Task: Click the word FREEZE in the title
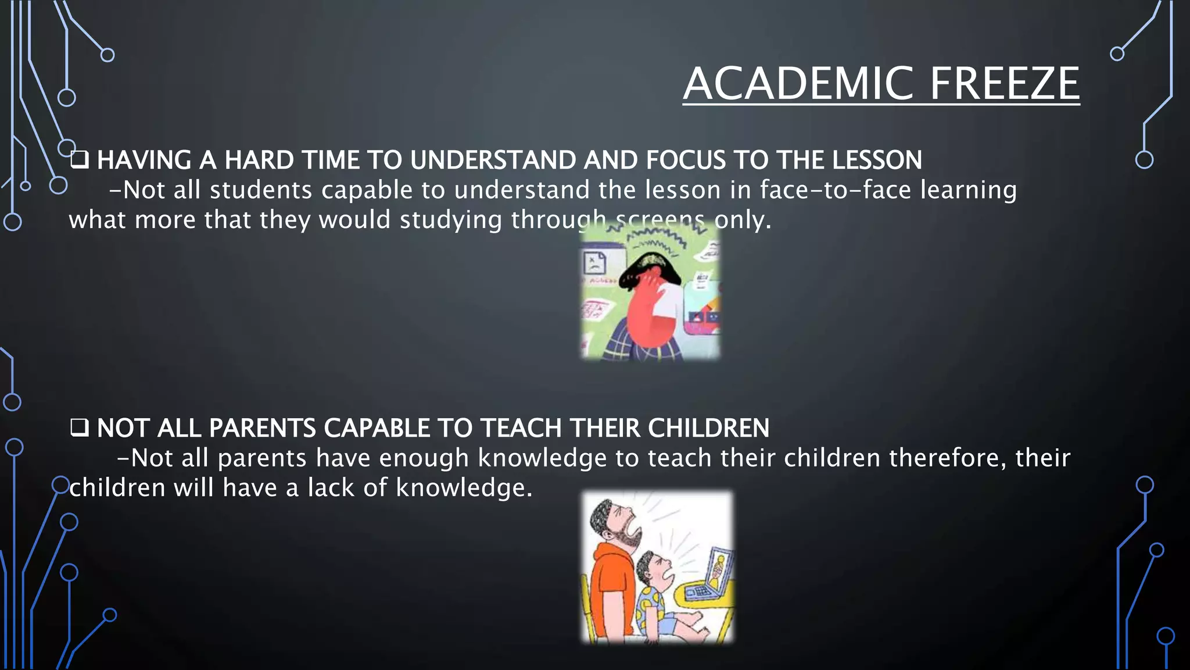coord(1005,84)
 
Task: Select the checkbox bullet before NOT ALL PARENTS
coord(79,427)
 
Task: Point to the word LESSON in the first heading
coord(877,161)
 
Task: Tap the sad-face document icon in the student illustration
coord(594,263)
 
